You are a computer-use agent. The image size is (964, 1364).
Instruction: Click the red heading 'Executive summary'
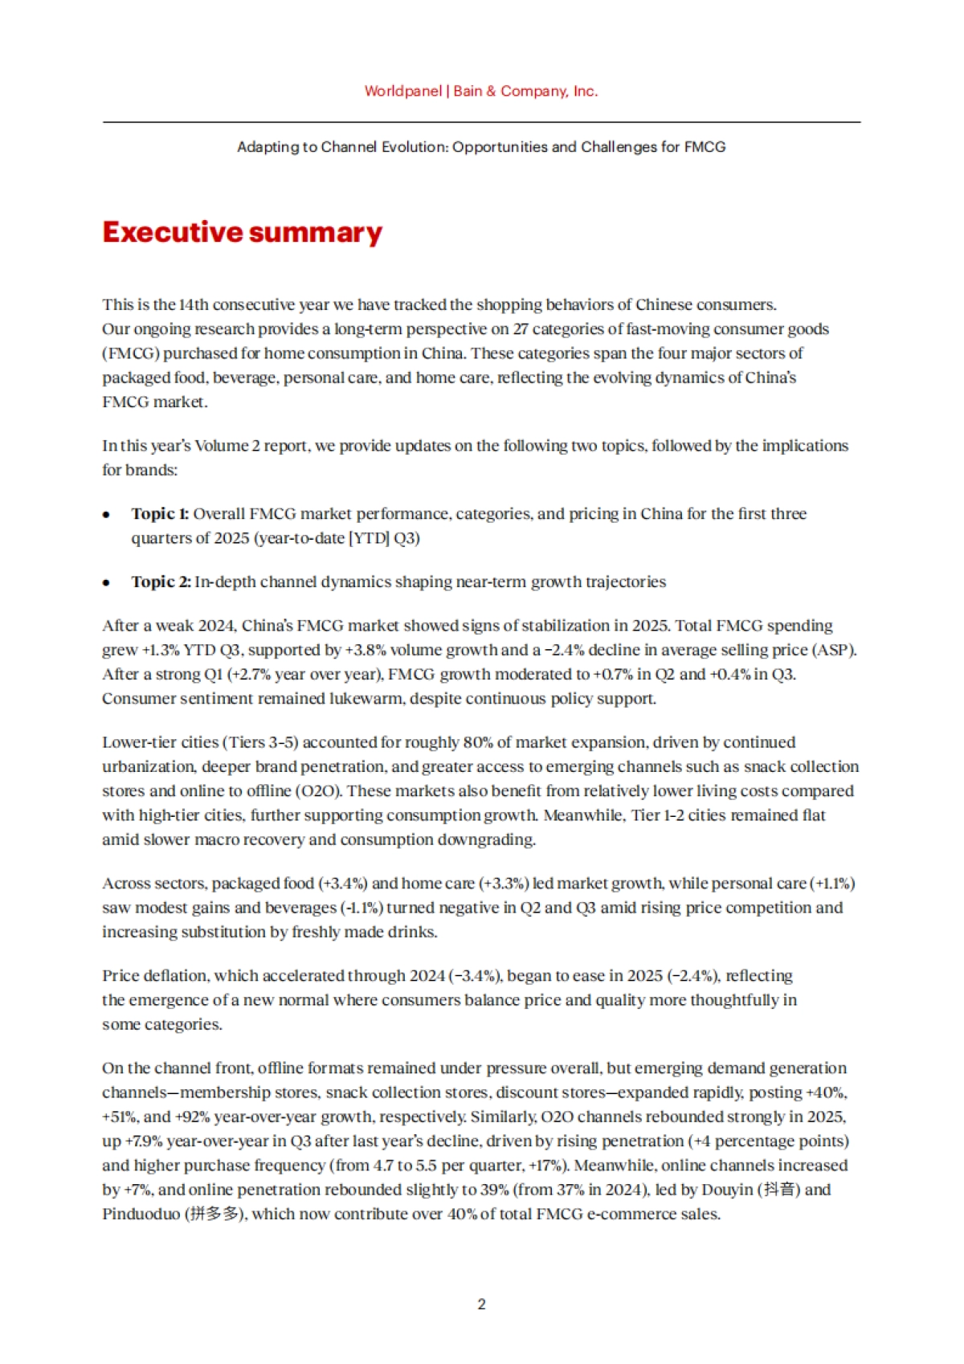click(242, 232)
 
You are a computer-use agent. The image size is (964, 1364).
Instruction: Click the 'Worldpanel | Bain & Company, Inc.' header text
click(481, 91)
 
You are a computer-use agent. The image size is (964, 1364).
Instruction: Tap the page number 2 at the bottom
click(481, 1304)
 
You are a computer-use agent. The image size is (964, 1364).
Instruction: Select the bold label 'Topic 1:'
click(160, 513)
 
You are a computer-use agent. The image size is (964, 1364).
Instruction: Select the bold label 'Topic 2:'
click(161, 582)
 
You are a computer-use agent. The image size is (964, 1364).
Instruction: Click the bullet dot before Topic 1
click(107, 515)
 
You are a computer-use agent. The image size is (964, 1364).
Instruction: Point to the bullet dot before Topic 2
click(107, 583)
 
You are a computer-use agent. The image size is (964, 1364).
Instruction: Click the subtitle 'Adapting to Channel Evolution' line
click(481, 147)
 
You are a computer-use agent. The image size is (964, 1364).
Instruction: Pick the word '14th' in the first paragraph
click(194, 304)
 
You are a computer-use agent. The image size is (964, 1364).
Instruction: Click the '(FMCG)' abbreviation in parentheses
click(131, 353)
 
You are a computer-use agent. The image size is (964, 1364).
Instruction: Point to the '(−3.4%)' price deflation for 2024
click(476, 975)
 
